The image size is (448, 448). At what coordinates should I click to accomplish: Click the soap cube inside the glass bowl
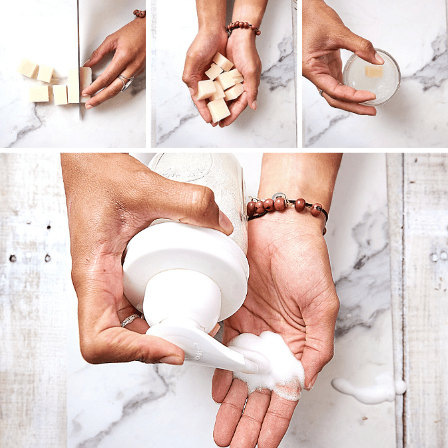click(374, 71)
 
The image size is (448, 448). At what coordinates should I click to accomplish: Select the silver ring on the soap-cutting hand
click(125, 82)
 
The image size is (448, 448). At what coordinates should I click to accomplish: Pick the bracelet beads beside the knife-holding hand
click(138, 13)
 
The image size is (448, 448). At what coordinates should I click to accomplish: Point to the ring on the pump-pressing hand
click(130, 320)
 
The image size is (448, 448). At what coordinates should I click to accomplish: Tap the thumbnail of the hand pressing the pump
click(172, 359)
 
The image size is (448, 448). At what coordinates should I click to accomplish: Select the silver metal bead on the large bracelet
click(280, 198)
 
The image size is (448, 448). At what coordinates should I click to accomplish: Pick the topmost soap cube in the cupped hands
click(223, 61)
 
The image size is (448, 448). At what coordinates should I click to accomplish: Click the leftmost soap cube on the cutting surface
click(28, 68)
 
